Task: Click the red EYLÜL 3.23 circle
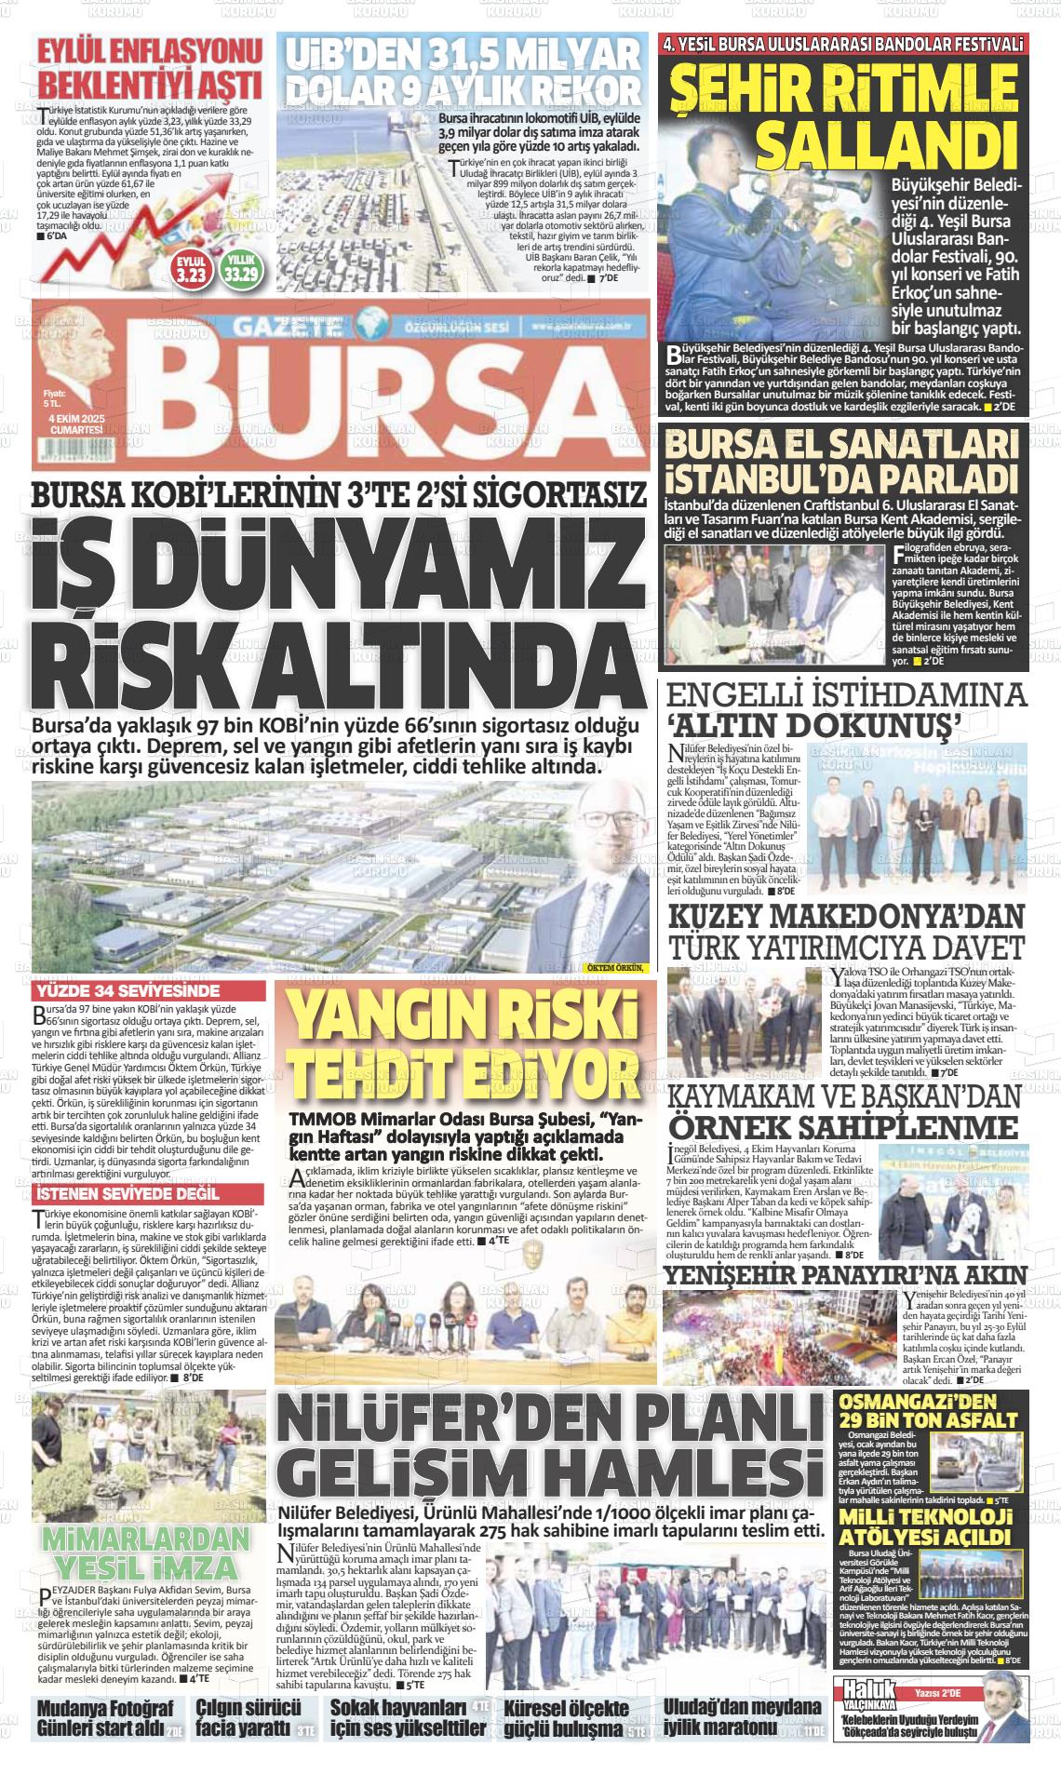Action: pos(191,269)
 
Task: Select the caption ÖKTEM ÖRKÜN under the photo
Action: pos(615,968)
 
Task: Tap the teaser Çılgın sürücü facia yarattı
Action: pos(248,1719)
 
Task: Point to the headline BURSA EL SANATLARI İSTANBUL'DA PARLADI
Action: pos(842,461)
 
